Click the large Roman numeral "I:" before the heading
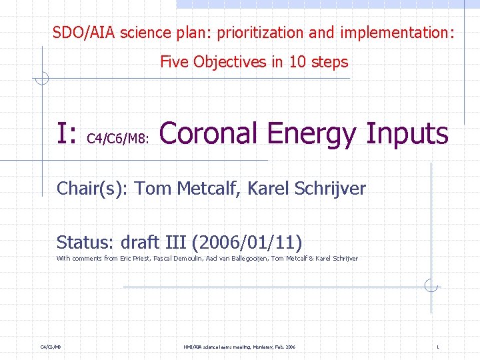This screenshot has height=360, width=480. point(67,134)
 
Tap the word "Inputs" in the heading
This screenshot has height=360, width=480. point(407,133)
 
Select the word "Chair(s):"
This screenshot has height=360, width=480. point(93,189)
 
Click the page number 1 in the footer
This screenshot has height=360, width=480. point(437,347)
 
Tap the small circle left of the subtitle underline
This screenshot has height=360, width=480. point(42,79)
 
